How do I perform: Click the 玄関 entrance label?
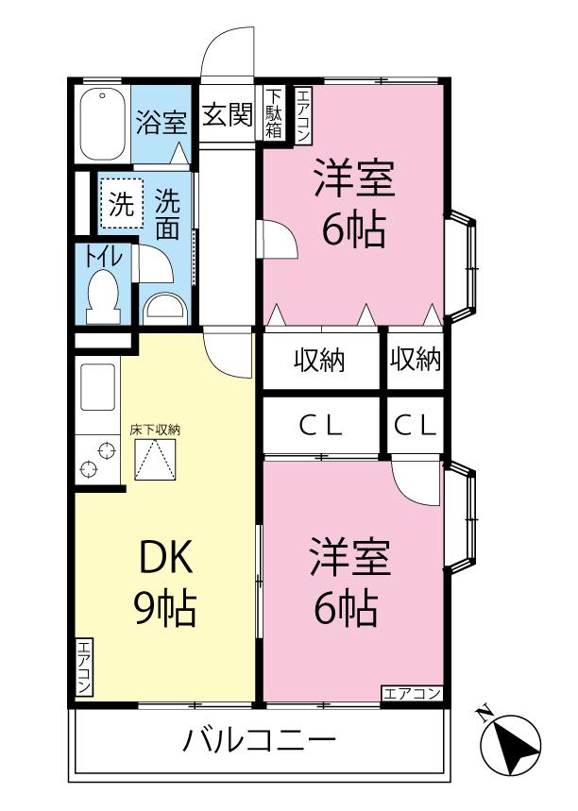click(228, 115)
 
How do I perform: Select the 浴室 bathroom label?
click(161, 123)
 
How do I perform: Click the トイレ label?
click(105, 257)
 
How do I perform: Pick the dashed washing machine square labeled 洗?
click(122, 203)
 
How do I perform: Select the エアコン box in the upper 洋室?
click(303, 115)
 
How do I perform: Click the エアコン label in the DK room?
click(83, 667)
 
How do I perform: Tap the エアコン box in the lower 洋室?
click(412, 694)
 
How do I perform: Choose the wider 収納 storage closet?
click(321, 360)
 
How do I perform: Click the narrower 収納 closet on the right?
click(416, 360)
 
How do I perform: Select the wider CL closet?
click(321, 426)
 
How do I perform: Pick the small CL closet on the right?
click(416, 426)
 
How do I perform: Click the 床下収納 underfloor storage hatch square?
click(155, 459)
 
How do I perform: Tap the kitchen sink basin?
click(98, 387)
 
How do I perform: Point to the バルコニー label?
click(260, 740)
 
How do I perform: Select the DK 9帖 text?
click(165, 583)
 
